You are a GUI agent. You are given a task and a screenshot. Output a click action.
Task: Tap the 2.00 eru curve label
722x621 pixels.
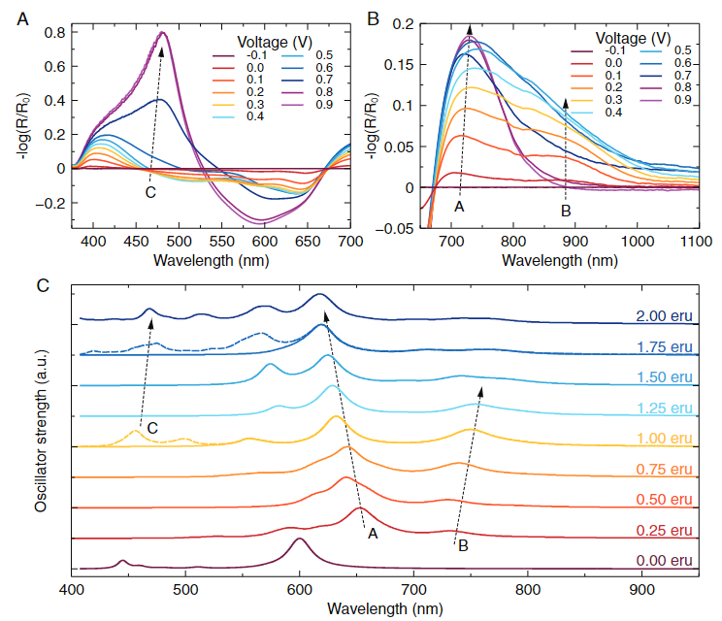pos(664,316)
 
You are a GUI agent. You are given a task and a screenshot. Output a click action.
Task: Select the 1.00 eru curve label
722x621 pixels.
pos(664,437)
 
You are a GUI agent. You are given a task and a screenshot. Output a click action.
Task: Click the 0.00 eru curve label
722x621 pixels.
pos(664,560)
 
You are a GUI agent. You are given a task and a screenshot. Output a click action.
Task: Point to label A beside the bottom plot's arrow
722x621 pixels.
pos(373,532)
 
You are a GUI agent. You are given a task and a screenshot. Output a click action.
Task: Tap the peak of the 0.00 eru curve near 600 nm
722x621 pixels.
pos(300,539)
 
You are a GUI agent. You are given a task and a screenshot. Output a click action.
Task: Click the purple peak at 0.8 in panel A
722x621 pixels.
pos(163,33)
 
